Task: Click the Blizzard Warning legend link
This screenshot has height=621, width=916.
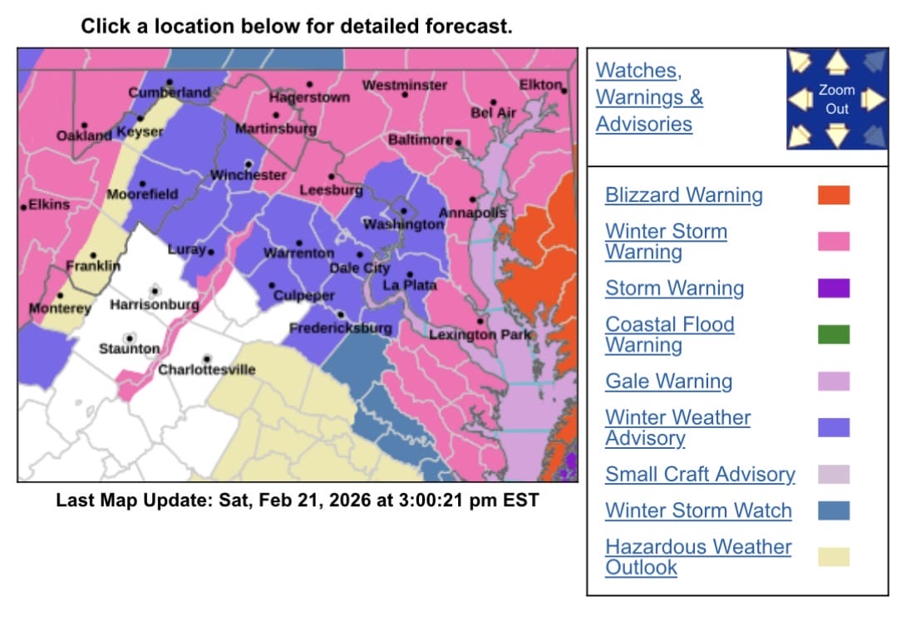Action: click(683, 195)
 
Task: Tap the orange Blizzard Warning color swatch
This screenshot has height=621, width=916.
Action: click(834, 195)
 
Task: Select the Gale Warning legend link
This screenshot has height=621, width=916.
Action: click(668, 382)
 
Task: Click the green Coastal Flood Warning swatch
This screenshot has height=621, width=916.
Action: click(834, 335)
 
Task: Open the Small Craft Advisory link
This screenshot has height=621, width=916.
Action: click(700, 475)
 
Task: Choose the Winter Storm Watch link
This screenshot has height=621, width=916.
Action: click(698, 510)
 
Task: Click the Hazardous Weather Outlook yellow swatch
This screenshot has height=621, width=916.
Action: click(834, 557)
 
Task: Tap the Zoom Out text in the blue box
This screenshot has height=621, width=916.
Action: click(836, 100)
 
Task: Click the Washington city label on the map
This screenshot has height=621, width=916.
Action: click(403, 224)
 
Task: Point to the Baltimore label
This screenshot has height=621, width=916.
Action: click(421, 140)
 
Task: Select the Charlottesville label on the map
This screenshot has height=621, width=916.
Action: click(207, 369)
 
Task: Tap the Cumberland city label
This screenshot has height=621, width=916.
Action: click(170, 92)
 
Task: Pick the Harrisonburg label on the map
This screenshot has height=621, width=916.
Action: click(155, 305)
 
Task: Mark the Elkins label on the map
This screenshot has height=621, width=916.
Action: click(49, 205)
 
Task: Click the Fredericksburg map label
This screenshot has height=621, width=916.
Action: click(340, 328)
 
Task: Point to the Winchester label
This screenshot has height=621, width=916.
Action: click(248, 175)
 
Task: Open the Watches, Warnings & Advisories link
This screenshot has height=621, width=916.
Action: click(649, 97)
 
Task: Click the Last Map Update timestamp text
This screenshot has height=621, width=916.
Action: click(297, 500)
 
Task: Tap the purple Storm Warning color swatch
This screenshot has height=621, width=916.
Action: click(834, 288)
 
